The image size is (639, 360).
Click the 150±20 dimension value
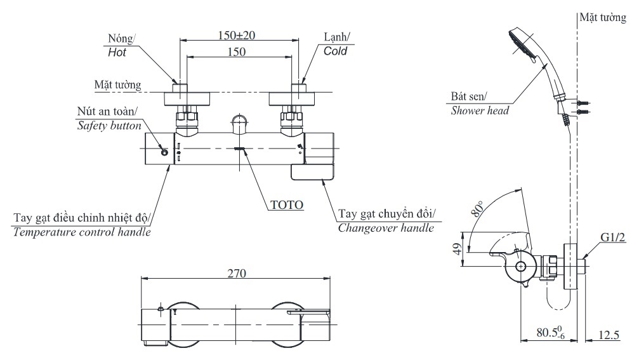pyautogui.click(x=237, y=36)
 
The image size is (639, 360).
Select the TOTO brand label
pyautogui.click(x=287, y=204)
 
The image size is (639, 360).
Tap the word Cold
pyautogui.click(x=335, y=51)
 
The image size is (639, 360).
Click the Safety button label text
pyautogui.click(x=109, y=126)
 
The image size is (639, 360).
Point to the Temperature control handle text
pyautogui.click(x=82, y=232)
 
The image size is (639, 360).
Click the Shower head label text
pyautogui.click(x=480, y=110)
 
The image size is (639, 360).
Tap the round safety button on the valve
pyautogui.click(x=164, y=152)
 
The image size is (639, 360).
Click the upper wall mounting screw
pyautogui.click(x=583, y=102)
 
